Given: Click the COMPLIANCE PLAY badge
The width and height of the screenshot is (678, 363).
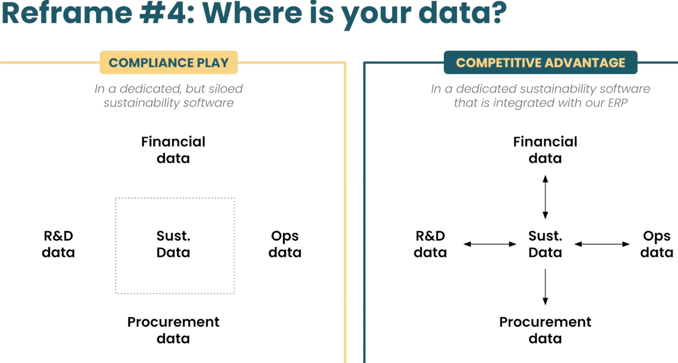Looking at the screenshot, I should click(x=169, y=63).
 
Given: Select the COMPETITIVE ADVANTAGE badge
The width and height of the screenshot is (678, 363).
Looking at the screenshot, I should click(x=540, y=63).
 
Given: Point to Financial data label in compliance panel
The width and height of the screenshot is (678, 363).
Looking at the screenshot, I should click(x=173, y=150).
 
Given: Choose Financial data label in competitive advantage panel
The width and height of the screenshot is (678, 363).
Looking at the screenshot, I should click(x=545, y=150).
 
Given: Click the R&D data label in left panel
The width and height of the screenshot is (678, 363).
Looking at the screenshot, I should click(x=58, y=244).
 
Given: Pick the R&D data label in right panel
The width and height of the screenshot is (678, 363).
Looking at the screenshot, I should click(x=430, y=244).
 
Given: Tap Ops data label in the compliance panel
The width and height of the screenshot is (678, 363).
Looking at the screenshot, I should click(x=285, y=244).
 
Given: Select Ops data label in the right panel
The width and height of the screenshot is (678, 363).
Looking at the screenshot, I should click(x=656, y=244).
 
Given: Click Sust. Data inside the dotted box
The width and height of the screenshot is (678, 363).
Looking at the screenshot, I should click(x=173, y=244).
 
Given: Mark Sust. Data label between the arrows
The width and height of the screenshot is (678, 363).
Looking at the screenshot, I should click(x=545, y=244).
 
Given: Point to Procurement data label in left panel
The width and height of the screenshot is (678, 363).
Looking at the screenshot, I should click(x=173, y=330).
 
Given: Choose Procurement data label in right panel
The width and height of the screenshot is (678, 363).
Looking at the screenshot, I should click(x=545, y=330).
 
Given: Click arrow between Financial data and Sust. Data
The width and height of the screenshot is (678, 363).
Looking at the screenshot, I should click(x=545, y=197).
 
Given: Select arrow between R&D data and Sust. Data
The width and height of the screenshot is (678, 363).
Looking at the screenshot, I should click(x=490, y=244).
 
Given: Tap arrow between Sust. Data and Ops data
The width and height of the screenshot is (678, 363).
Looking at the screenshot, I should click(x=602, y=244).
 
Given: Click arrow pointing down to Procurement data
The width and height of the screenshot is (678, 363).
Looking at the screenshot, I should click(x=545, y=287).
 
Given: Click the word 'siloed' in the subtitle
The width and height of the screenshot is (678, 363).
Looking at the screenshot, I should click(x=225, y=89).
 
